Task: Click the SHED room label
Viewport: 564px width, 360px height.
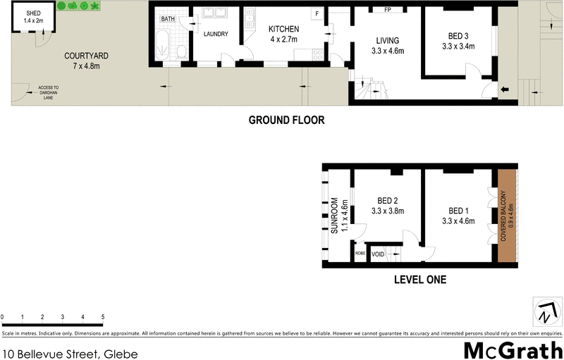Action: click(x=32, y=18)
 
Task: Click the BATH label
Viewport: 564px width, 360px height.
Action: click(x=168, y=19)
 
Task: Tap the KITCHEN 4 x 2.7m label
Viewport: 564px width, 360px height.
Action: click(x=284, y=34)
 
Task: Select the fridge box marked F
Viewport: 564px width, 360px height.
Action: click(x=317, y=14)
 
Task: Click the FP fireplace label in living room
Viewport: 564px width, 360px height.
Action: click(x=387, y=10)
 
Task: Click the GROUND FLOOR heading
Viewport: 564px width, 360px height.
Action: click(x=286, y=120)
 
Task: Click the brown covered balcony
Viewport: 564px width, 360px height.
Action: click(x=507, y=215)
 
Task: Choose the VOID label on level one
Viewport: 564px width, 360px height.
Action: click(x=378, y=254)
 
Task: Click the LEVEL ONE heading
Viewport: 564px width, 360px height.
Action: click(x=419, y=280)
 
